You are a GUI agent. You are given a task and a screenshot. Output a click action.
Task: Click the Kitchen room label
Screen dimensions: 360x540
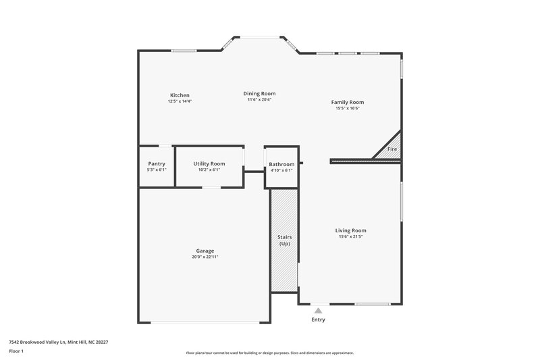[180, 95]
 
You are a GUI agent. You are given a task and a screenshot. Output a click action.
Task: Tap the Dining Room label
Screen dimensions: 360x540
[259, 94]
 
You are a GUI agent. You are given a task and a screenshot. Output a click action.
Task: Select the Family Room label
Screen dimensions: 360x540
[348, 102]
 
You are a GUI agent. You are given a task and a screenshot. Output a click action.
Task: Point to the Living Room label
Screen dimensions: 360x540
[350, 230]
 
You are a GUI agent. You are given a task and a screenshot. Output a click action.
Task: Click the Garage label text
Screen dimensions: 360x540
[205, 251]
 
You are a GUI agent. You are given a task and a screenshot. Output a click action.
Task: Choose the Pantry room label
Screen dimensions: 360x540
[157, 163]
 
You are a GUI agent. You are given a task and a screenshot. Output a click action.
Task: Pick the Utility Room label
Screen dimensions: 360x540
[209, 163]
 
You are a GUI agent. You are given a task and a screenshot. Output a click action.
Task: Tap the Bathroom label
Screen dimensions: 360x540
[281, 164]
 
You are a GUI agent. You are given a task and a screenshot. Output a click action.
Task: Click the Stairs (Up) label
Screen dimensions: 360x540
[284, 240]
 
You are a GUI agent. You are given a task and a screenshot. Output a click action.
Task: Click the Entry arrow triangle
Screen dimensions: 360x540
[318, 311]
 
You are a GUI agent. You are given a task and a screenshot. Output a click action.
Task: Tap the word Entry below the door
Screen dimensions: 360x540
[318, 319]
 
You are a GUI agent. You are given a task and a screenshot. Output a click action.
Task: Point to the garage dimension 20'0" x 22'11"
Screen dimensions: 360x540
[205, 257]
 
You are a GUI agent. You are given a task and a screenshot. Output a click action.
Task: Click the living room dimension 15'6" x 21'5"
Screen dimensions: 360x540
[350, 236]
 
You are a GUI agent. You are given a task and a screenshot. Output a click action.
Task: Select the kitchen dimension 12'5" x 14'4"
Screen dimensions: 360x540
[180, 101]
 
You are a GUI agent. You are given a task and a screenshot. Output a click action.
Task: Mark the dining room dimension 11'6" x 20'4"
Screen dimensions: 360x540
[259, 100]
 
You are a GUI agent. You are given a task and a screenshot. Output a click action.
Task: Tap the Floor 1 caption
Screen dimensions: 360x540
[16, 351]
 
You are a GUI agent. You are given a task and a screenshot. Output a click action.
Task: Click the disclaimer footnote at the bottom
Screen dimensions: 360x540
[270, 353]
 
